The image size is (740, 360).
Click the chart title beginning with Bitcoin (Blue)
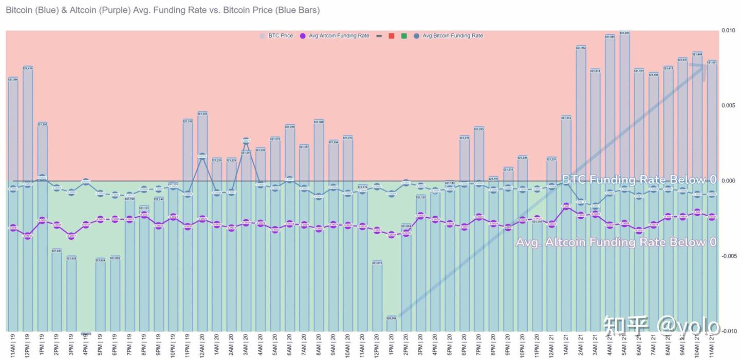tap(162, 10)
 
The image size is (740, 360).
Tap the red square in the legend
tap(392, 36)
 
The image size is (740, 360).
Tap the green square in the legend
tap(404, 36)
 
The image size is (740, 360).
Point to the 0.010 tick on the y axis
tap(728, 31)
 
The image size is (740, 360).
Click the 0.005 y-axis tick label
tap(728, 106)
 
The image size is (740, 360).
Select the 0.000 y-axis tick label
tap(728, 181)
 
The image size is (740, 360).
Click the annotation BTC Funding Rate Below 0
tap(639, 180)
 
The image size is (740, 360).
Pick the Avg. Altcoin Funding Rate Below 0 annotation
tap(616, 242)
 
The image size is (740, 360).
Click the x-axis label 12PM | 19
tap(28, 346)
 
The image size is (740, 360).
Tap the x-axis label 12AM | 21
tap(551, 346)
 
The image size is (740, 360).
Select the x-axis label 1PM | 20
tap(392, 346)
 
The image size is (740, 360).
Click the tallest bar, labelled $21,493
tap(624, 180)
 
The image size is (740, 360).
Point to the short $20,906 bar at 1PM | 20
tap(392, 324)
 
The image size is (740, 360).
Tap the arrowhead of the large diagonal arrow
tap(701, 66)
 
